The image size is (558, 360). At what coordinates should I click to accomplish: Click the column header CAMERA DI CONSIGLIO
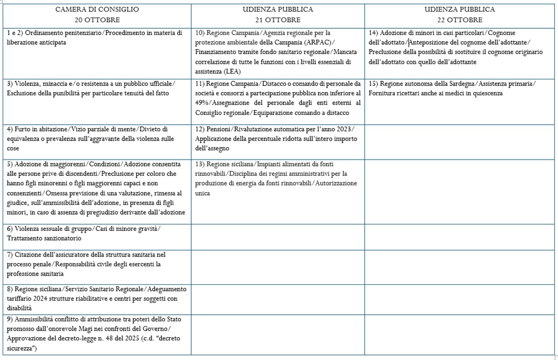tap(97, 9)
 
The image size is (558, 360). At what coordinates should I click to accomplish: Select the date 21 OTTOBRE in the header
tap(278, 20)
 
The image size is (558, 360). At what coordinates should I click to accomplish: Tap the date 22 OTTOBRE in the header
tap(460, 20)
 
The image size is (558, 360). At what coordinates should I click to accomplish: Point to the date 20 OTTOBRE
tap(97, 20)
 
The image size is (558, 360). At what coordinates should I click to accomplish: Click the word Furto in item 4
tap(25, 129)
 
